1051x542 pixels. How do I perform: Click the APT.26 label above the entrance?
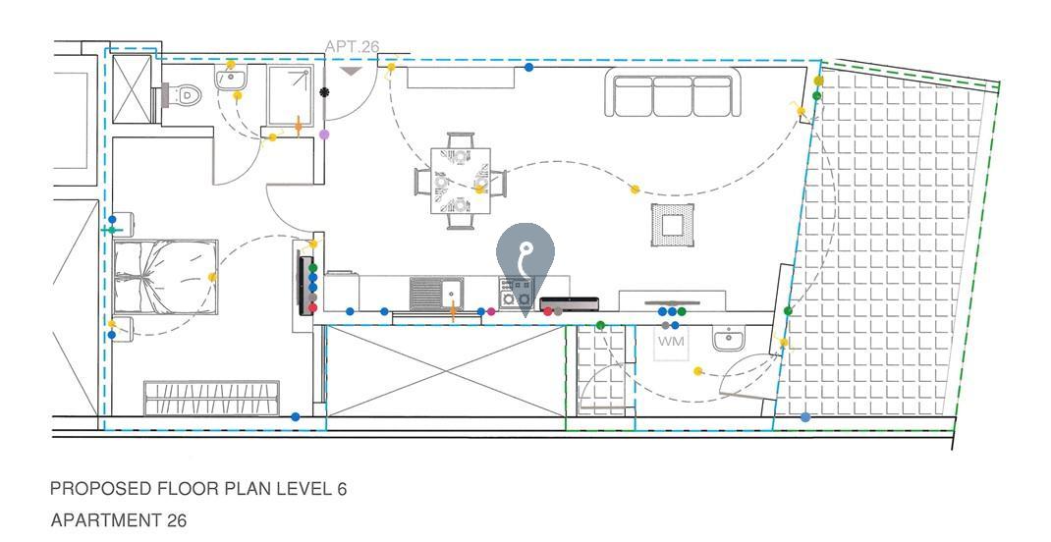click(x=352, y=46)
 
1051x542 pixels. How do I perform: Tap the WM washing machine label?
click(x=671, y=342)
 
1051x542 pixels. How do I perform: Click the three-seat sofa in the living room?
click(x=673, y=95)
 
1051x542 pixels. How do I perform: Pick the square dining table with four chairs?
click(x=460, y=181)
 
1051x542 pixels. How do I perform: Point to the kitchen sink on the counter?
click(x=437, y=292)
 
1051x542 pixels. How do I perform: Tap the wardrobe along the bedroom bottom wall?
click(x=213, y=398)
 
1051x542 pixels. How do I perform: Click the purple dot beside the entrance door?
click(x=324, y=135)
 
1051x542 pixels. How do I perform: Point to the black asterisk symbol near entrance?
click(x=324, y=92)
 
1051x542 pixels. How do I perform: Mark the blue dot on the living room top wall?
click(x=529, y=68)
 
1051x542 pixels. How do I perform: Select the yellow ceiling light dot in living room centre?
click(x=635, y=189)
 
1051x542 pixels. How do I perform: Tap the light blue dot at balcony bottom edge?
click(x=805, y=417)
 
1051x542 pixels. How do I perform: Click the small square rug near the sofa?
click(x=672, y=226)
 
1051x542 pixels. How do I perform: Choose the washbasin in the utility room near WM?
click(x=728, y=341)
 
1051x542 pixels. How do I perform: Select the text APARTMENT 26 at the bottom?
click(x=118, y=520)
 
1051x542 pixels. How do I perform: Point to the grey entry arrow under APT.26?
click(x=352, y=70)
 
